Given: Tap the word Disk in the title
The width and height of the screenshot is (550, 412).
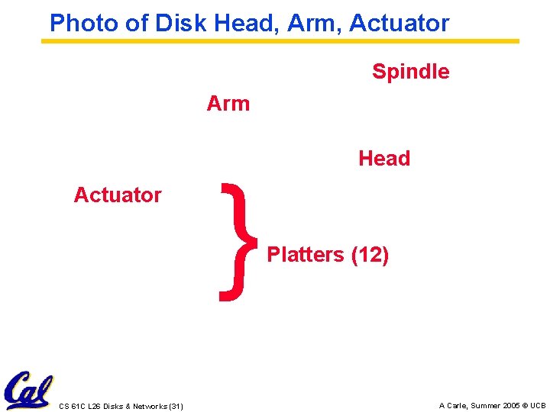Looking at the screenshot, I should pyautogui.click(x=181, y=23).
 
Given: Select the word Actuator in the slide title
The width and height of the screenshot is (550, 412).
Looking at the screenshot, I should pyautogui.click(x=400, y=23).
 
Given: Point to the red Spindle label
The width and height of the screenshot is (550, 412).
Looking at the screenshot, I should pyautogui.click(x=410, y=72).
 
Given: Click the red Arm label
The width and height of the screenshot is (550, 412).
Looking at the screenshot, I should pyautogui.click(x=228, y=104).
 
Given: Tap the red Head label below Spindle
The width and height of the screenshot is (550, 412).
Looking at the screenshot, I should pyautogui.click(x=384, y=159).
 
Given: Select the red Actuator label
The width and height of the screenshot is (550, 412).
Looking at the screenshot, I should pyautogui.click(x=118, y=195).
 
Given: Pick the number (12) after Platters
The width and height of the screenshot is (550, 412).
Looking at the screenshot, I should pyautogui.click(x=370, y=255).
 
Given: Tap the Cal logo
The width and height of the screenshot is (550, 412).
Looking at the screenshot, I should pyautogui.click(x=27, y=391).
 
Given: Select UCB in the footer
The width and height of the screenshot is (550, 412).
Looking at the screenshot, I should pyautogui.click(x=538, y=405).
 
